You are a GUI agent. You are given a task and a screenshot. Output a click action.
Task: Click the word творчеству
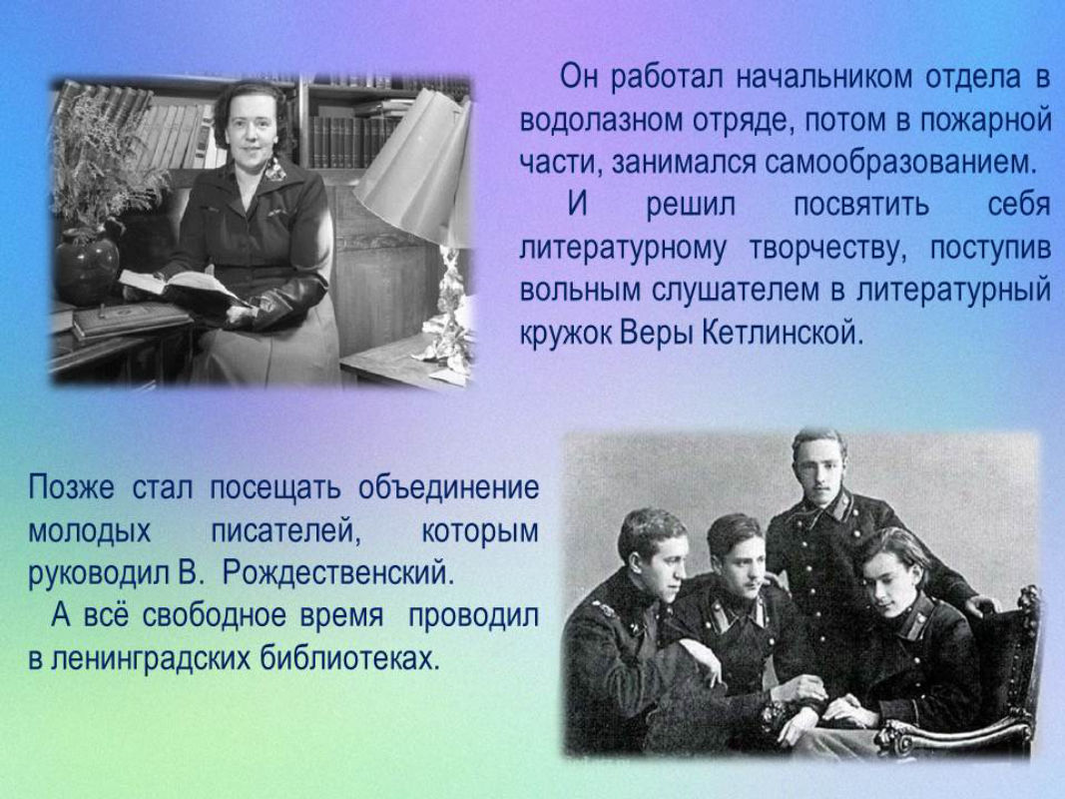tap(828, 249)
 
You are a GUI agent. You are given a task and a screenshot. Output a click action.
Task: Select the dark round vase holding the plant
tap(86, 267)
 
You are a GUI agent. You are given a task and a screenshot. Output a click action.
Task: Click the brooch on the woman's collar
tap(275, 169)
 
